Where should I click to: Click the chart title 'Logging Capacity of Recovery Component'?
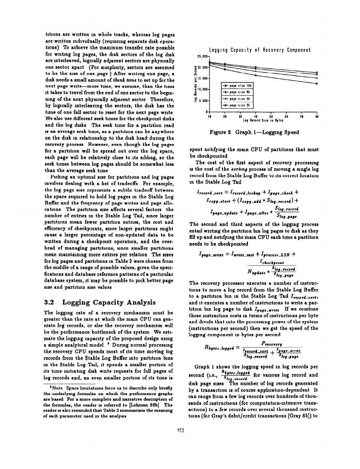[260, 50]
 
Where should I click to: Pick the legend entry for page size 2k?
[237, 105]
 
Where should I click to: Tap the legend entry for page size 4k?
[237, 99]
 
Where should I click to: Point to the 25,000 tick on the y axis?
[203, 57]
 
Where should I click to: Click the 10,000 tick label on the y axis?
[203, 89]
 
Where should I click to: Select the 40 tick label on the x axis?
[255, 116]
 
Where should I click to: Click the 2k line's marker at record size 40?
[256, 75]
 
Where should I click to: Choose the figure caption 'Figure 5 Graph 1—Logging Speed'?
[254, 132]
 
